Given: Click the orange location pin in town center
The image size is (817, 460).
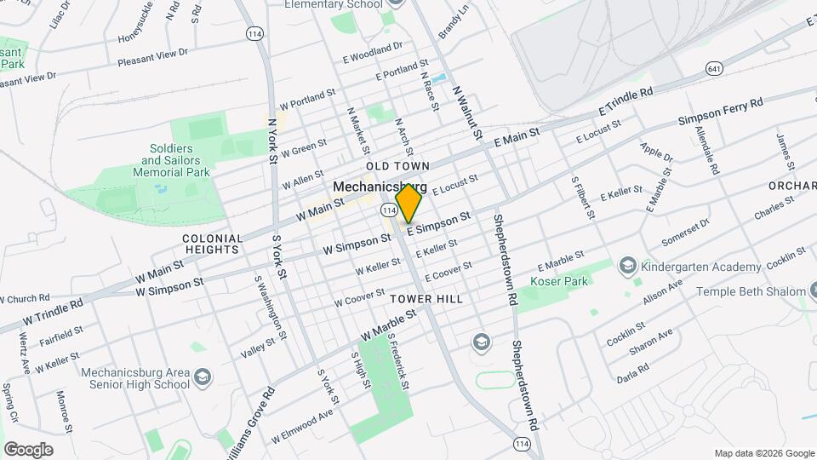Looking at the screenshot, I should [409, 203].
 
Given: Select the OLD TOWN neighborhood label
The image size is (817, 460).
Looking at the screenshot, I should [397, 165].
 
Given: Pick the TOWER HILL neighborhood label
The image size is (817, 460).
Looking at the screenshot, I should [426, 299].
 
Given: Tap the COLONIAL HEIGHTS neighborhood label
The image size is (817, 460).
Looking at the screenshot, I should [212, 244].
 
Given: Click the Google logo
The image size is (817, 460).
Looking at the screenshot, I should [28, 449].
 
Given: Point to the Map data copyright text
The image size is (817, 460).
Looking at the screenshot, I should [763, 453].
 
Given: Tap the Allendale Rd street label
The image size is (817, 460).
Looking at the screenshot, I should [709, 145].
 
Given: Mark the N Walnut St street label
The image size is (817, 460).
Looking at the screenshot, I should [466, 112].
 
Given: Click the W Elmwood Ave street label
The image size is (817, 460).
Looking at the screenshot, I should [302, 427].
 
